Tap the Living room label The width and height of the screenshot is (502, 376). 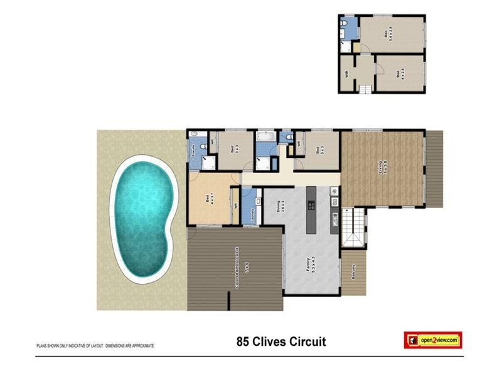coord(384,168)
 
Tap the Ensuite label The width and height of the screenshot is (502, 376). coord(193,151)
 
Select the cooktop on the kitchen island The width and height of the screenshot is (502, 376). coord(310,205)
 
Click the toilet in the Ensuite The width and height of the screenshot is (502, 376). coord(193,134)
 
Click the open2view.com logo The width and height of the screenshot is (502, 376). coord(432,340)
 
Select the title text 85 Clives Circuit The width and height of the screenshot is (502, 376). coord(281,342)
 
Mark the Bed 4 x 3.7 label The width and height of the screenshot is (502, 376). coord(208,199)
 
